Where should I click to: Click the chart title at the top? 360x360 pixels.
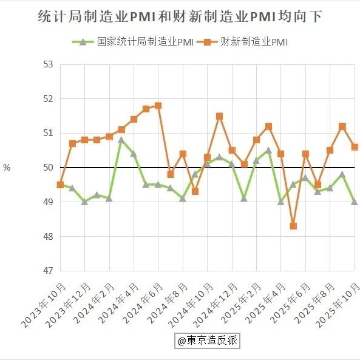180,16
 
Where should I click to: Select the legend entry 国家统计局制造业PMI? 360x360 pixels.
133,42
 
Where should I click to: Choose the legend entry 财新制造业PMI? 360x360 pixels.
242,42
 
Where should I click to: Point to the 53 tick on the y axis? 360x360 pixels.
48,64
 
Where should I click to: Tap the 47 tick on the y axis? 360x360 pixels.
48,271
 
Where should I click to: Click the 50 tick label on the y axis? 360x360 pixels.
48,168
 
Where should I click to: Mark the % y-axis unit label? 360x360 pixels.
7,168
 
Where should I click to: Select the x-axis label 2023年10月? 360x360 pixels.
43,305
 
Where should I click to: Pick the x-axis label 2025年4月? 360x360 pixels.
266,303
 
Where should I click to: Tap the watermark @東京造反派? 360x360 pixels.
208,341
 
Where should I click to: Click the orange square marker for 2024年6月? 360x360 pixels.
158,106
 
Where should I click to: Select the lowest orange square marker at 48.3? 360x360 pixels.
293,226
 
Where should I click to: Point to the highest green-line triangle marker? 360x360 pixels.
121,140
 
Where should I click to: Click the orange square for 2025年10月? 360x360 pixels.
355,147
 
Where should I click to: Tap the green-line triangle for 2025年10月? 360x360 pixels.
355,202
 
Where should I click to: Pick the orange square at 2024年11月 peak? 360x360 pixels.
220,116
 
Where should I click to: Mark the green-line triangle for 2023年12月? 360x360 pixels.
85,202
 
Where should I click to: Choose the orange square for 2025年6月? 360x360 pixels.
305,154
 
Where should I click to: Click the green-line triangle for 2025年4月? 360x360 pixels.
281,202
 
